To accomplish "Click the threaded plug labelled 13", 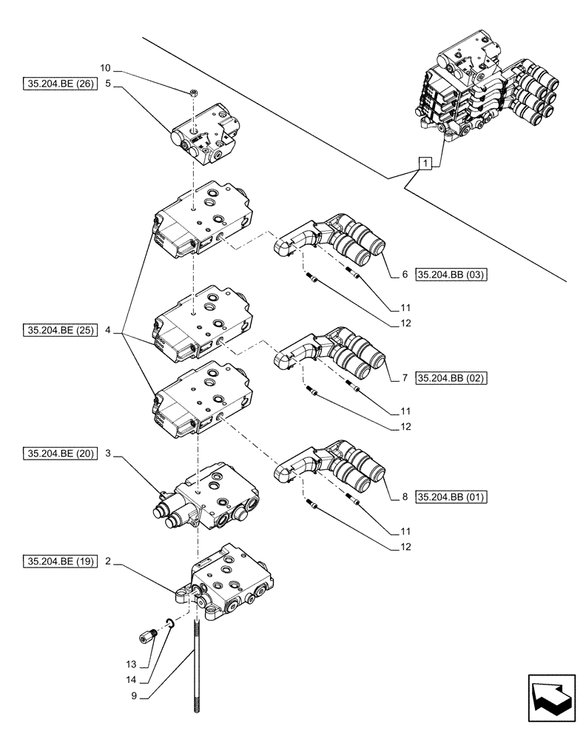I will tap(146, 634).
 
